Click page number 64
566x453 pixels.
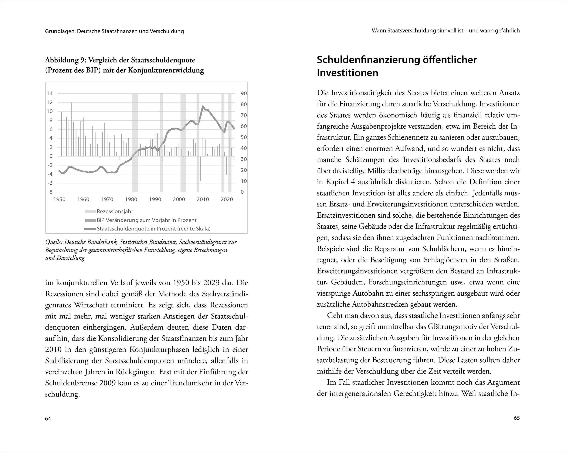(x=48, y=419)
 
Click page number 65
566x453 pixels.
(x=516, y=418)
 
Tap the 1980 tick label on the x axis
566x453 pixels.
(x=131, y=199)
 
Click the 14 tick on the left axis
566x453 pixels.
(x=50, y=93)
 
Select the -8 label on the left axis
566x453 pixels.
(x=50, y=192)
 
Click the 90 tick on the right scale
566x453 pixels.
(x=244, y=93)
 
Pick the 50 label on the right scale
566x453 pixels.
(x=244, y=137)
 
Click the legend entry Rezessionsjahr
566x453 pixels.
(x=115, y=211)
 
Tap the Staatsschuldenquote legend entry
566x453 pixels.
(x=153, y=229)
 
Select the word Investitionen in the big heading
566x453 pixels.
(x=347, y=73)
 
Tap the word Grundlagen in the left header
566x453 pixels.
(x=60, y=31)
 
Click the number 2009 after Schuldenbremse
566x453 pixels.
(x=108, y=383)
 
